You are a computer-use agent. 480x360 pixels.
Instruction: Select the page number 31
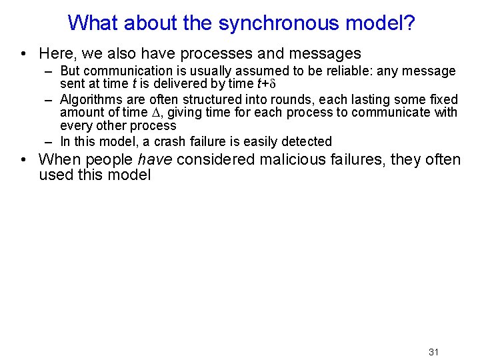coord(433,352)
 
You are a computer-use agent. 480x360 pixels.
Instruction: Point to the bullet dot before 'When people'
coord(23,161)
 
